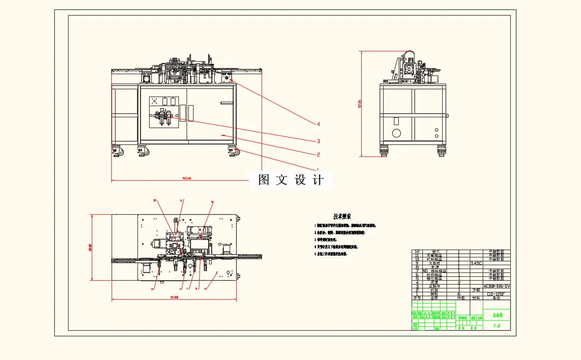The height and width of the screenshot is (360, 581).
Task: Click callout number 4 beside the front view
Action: point(318,124)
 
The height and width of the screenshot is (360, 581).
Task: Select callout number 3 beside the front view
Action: point(318,141)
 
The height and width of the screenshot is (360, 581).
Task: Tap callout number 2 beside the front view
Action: point(318,154)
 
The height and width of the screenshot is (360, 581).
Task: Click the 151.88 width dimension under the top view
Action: point(174,297)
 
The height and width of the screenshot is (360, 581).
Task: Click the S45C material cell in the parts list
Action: point(477,263)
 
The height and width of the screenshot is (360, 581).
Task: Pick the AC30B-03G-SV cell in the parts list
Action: point(497,286)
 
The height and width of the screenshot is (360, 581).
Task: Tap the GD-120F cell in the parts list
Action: point(495,294)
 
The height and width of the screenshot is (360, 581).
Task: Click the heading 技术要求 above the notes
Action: point(342,216)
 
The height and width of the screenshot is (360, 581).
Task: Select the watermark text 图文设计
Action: point(290,180)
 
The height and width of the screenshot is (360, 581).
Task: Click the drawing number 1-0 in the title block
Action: point(497,326)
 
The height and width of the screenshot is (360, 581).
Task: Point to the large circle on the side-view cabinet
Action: point(396,133)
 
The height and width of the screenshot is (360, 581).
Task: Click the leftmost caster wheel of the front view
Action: point(117,151)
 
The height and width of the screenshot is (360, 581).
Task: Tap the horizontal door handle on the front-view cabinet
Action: point(226,103)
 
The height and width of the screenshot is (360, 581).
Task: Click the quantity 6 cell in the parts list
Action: point(459,294)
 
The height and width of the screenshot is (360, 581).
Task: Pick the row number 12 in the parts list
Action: point(416,251)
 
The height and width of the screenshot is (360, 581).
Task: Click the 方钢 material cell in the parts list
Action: point(476,290)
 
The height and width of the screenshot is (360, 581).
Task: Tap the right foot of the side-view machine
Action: point(442,151)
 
